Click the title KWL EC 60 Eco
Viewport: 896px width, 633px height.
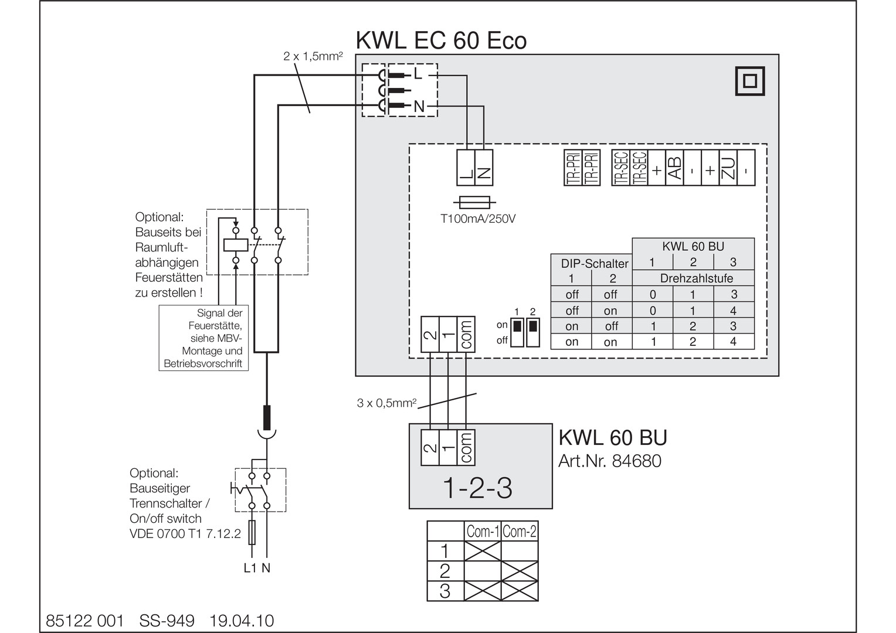tap(441, 40)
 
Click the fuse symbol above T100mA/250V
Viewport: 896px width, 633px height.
tap(474, 203)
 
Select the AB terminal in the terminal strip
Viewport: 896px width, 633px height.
tap(674, 168)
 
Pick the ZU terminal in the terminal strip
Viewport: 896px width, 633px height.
tap(728, 168)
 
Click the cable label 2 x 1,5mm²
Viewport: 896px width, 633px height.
tap(313, 56)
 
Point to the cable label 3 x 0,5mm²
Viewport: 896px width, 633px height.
tap(386, 403)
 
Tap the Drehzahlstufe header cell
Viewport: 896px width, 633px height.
tap(697, 278)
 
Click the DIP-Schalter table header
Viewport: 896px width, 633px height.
tap(595, 264)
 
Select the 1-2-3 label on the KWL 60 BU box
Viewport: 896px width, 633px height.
tap(477, 488)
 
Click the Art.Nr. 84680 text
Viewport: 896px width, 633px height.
tap(610, 461)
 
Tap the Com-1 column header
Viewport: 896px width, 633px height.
tap(483, 532)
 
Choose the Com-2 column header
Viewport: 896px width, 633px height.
tap(519, 532)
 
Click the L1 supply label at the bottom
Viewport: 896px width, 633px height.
tap(250, 568)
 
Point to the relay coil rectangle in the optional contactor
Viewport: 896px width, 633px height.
tap(236, 245)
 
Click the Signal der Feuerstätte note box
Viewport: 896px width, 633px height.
tap(203, 338)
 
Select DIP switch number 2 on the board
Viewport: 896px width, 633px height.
tap(533, 332)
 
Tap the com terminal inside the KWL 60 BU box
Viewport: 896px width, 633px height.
tap(466, 448)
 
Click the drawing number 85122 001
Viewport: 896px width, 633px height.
tap(85, 621)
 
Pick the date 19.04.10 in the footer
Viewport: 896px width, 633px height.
tap(242, 621)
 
